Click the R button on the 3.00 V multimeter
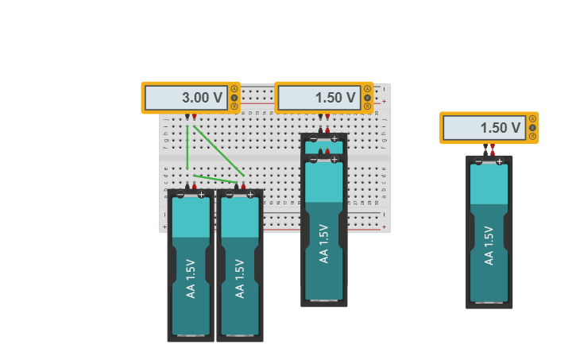coord(234,106)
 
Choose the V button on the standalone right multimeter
coord(532,127)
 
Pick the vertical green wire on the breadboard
coord(187,147)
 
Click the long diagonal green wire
coord(218,150)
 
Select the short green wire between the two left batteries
coord(215,179)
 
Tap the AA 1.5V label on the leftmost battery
coord(191,278)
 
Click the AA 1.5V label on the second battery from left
coord(240,278)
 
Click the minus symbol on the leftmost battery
coord(180,195)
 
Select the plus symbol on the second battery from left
coord(250,195)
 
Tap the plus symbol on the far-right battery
coord(500,161)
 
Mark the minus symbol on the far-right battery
coord(478,161)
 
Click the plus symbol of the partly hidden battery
coord(334,138)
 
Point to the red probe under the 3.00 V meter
coord(195,117)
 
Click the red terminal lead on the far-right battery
coord(493,149)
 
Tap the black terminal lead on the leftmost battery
coord(187,186)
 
